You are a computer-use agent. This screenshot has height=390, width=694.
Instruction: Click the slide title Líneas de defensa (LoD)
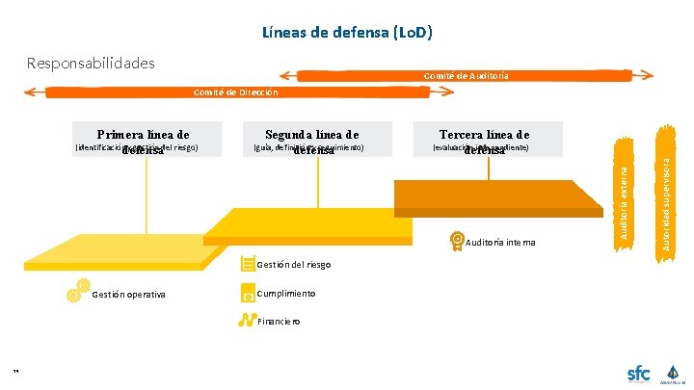click(x=347, y=33)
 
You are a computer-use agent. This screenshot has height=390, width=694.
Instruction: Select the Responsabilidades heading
click(x=91, y=64)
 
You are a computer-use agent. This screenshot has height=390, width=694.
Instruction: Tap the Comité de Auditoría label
click(x=467, y=76)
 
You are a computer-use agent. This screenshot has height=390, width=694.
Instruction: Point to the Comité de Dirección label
click(x=235, y=92)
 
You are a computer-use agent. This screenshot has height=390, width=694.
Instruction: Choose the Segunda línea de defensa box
click(x=314, y=139)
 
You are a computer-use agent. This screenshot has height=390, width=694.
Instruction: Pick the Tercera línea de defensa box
click(x=484, y=139)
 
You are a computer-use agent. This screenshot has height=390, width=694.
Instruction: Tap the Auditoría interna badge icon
click(x=457, y=241)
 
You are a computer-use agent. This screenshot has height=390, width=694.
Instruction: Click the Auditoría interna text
click(x=500, y=242)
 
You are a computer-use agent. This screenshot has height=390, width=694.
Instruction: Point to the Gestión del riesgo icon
click(x=249, y=263)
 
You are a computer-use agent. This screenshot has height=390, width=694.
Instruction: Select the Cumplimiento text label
click(x=286, y=293)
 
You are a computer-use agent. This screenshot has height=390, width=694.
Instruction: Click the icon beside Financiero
click(x=248, y=320)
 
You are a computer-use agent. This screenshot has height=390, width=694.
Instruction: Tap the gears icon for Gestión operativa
click(x=77, y=291)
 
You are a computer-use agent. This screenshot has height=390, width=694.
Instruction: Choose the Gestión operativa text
click(x=128, y=295)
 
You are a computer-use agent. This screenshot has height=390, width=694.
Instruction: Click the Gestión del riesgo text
click(x=294, y=264)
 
